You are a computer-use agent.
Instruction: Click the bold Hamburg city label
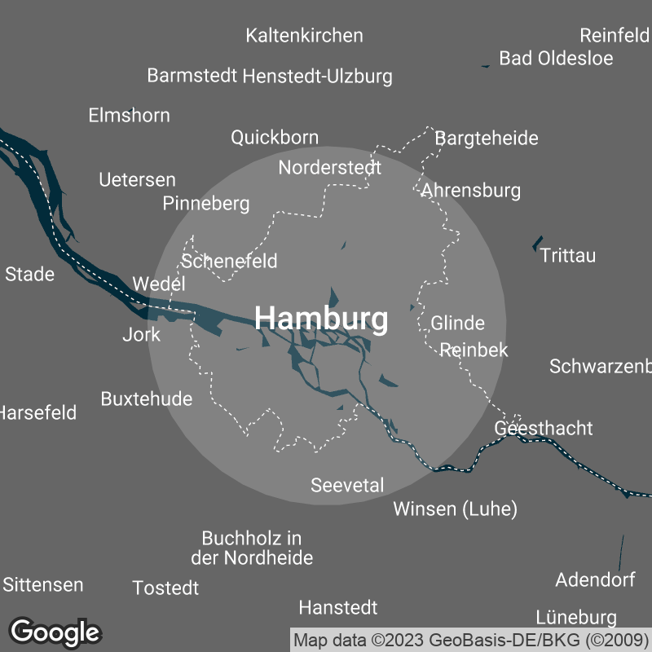coord(322,319)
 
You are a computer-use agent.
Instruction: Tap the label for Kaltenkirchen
coord(304,36)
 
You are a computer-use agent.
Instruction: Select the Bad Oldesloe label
coord(556,59)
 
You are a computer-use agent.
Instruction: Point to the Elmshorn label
coord(130,116)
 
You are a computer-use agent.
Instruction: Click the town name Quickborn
coord(275,137)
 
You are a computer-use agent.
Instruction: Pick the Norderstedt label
coord(330,168)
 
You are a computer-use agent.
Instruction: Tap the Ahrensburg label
coord(471,191)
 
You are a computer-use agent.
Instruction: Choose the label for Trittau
coord(568,256)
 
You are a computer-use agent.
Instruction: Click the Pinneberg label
coord(206,204)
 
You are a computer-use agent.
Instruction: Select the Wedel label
coord(159,284)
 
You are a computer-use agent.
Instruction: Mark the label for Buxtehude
coord(147,399)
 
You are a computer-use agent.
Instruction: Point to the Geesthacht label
coord(544,429)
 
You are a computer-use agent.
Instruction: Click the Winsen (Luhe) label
coord(456,510)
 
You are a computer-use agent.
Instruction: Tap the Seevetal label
coord(347,486)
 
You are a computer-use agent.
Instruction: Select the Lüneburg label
coord(576,617)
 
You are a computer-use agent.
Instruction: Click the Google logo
coord(55,632)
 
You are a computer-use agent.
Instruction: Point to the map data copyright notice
coord(472,639)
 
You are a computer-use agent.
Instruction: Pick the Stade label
coord(30,275)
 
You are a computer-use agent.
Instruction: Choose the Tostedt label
coord(165,588)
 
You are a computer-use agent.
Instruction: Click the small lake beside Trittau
coord(537,243)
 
